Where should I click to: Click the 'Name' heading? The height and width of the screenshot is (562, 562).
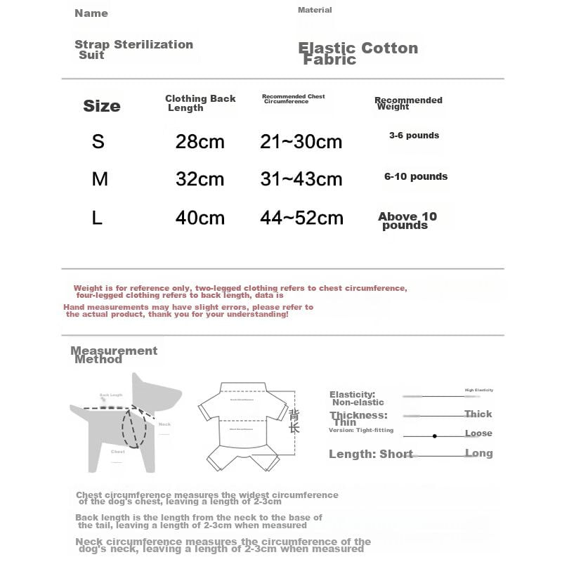coord(91,13)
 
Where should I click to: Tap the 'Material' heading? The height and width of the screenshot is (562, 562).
coord(315,10)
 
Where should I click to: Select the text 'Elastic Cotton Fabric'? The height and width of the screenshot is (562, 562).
coord(358,53)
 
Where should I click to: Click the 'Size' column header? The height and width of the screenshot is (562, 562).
coord(102,106)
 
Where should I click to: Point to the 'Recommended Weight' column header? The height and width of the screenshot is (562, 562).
coord(407,103)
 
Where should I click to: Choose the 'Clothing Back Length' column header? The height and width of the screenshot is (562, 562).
coord(200,103)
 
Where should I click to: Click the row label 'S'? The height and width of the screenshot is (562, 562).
coord(98,141)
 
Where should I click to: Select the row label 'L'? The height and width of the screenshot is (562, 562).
coord(98,218)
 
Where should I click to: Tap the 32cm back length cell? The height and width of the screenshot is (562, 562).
coord(200,179)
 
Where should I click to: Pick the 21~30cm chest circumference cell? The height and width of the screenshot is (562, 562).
coord(301,141)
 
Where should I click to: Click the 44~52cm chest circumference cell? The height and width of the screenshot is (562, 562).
coord(301,218)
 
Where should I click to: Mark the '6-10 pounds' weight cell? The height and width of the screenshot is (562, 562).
coord(416,177)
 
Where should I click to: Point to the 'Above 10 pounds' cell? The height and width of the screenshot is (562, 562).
coord(407,221)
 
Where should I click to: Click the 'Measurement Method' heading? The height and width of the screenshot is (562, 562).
coord(114,355)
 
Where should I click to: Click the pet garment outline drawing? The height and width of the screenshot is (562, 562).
coord(242,425)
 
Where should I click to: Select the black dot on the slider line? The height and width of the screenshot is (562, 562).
coord(435,436)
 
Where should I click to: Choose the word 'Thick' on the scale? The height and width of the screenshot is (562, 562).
coord(478,414)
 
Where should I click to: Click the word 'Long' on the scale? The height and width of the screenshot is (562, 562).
coord(478,453)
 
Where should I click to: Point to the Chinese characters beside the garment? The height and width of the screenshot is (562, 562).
coord(294,419)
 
